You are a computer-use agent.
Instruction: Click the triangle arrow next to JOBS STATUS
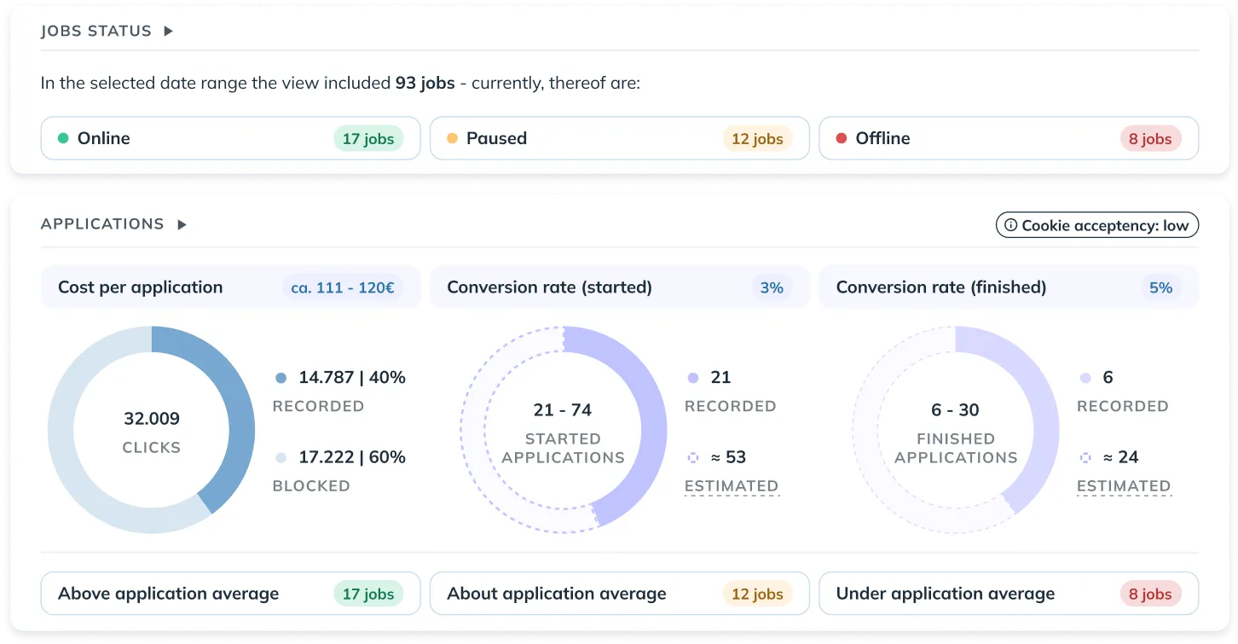click(168, 32)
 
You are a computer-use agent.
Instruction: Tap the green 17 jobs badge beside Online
click(368, 139)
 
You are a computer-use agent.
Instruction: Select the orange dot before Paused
click(452, 138)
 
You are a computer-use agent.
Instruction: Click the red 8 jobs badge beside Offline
click(1149, 139)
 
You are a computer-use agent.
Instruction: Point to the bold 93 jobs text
click(425, 84)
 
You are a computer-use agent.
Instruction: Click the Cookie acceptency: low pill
click(1097, 225)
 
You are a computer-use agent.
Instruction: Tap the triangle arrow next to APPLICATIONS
click(182, 225)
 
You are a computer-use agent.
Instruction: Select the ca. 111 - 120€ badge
click(342, 288)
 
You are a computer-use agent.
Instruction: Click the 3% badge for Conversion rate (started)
click(772, 288)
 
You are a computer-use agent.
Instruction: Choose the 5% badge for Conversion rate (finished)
click(1160, 288)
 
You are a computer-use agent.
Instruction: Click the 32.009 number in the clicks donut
click(152, 419)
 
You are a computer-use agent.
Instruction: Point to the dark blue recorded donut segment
click(235, 409)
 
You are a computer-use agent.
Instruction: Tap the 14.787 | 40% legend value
click(351, 378)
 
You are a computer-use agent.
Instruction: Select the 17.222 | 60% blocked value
click(351, 457)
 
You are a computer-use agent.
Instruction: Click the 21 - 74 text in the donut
click(563, 410)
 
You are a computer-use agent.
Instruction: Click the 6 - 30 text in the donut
click(955, 410)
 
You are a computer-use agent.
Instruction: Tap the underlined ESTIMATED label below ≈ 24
click(1123, 486)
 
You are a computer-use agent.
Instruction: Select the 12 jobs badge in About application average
click(757, 595)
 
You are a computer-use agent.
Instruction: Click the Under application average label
click(945, 594)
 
